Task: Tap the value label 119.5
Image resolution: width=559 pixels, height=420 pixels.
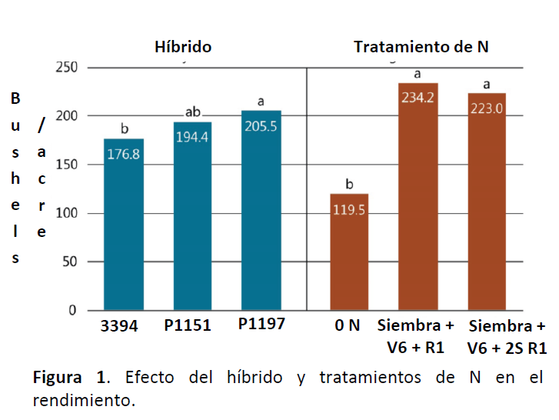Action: [348, 209]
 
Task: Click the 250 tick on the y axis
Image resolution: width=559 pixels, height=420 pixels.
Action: [68, 68]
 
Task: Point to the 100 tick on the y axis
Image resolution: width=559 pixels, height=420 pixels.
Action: [68, 213]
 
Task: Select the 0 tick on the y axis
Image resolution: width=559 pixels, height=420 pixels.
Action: [72, 310]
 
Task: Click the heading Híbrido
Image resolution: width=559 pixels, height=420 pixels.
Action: [183, 48]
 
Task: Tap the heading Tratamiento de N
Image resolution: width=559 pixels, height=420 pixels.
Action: [421, 48]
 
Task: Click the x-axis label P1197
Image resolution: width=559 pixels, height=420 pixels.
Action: [261, 325]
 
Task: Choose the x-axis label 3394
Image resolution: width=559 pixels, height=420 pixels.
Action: [119, 326]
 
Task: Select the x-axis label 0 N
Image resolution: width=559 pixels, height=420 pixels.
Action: [348, 325]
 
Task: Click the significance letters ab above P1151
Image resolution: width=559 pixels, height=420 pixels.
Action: [193, 112]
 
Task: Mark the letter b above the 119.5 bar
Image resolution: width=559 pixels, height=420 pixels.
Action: [349, 185]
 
